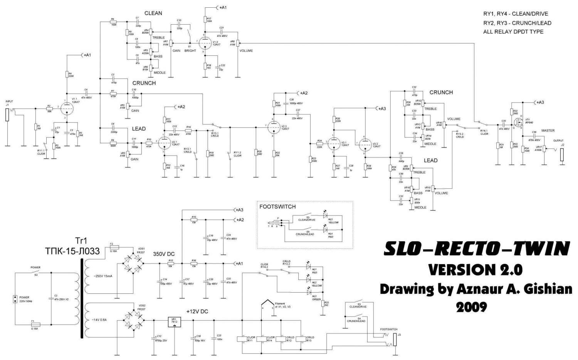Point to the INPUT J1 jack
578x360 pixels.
click(x=7, y=115)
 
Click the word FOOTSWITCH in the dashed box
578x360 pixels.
click(x=277, y=207)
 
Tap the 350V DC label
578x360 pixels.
click(x=164, y=254)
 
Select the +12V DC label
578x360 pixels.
click(x=197, y=311)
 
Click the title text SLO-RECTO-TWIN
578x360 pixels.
click(x=476, y=249)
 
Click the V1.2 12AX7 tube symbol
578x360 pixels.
click(x=205, y=43)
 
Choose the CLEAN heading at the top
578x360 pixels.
click(x=153, y=13)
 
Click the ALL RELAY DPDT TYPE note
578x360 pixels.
click(x=513, y=32)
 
